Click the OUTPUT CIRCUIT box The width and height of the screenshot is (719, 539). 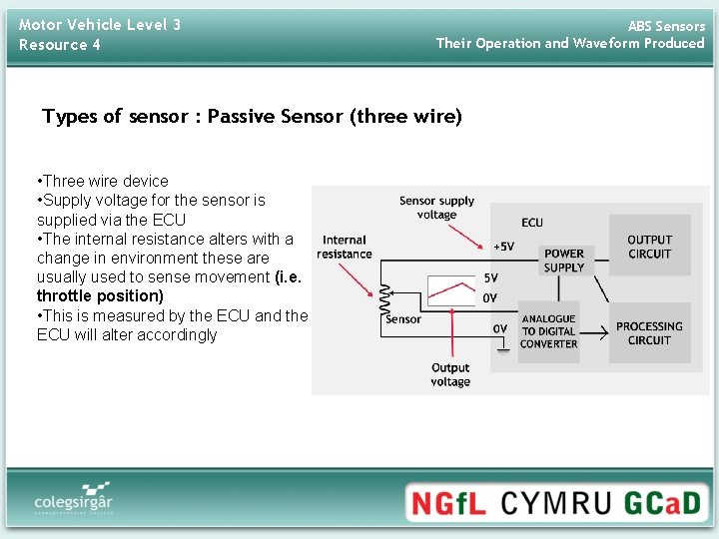click(649, 246)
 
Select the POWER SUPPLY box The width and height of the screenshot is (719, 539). click(564, 261)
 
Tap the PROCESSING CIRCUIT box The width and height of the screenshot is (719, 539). click(649, 333)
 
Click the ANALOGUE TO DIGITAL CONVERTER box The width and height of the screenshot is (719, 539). click(548, 332)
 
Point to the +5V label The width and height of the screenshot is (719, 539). click(504, 246)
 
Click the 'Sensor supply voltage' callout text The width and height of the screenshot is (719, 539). click(436, 208)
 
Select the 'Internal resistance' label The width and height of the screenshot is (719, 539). click(345, 247)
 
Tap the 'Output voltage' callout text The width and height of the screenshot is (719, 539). click(450, 375)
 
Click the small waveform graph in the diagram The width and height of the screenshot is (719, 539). click(450, 289)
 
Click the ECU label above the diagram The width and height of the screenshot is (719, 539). click(532, 223)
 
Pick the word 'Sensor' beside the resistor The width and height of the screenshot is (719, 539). click(403, 319)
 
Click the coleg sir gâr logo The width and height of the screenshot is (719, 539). click(74, 497)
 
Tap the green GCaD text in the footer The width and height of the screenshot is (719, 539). click(663, 502)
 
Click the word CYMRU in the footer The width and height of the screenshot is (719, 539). click(556, 502)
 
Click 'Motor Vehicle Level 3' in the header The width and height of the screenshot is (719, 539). click(100, 24)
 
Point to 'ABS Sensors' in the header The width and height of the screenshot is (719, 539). click(665, 26)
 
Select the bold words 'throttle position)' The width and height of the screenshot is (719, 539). click(100, 295)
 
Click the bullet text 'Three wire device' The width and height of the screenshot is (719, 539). click(105, 181)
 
